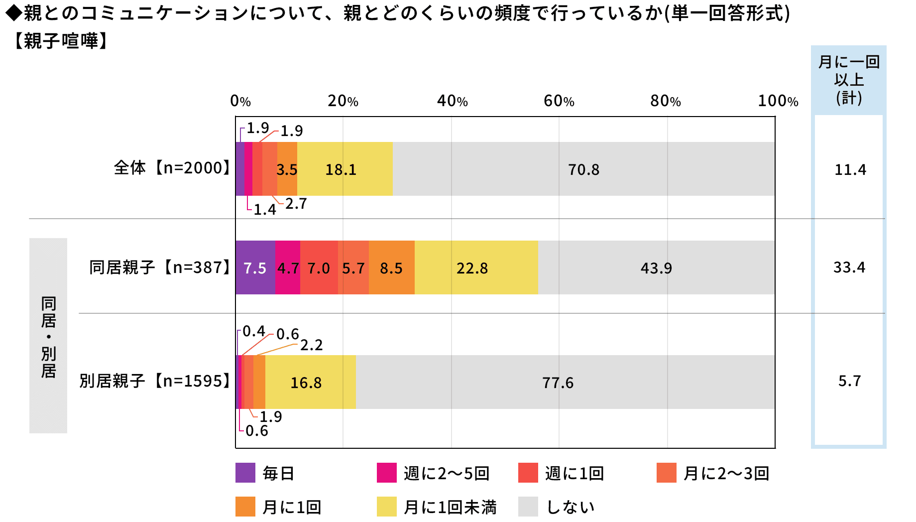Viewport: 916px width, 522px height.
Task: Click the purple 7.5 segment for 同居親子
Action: [x=255, y=268]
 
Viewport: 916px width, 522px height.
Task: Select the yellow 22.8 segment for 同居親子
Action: [x=476, y=268]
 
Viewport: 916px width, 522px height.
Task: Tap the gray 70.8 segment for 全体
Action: [x=583, y=169]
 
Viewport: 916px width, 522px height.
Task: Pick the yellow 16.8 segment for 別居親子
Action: [x=310, y=382]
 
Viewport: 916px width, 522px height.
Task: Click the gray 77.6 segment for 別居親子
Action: [x=565, y=382]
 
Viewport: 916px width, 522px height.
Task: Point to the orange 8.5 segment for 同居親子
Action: [x=391, y=268]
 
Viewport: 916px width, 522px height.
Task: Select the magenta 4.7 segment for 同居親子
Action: [x=288, y=268]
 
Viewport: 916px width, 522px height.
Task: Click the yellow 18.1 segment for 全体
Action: [x=344, y=169]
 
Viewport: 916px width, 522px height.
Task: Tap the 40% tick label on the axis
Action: [x=452, y=101]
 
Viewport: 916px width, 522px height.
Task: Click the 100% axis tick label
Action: [x=778, y=101]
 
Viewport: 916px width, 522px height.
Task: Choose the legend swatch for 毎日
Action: [x=245, y=473]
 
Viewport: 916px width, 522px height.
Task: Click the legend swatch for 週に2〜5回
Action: [x=386, y=473]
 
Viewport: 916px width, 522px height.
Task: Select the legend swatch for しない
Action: [x=528, y=507]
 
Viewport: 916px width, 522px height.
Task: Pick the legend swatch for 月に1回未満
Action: [x=386, y=507]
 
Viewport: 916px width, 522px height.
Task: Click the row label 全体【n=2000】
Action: [x=172, y=168]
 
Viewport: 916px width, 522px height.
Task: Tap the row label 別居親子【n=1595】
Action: [x=155, y=381]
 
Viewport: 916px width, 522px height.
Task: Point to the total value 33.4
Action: [x=849, y=267]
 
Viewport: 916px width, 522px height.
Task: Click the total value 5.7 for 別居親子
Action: [x=849, y=381]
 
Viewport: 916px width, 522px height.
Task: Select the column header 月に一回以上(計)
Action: [x=849, y=80]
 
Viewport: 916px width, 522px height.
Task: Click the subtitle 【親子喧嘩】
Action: [x=60, y=41]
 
